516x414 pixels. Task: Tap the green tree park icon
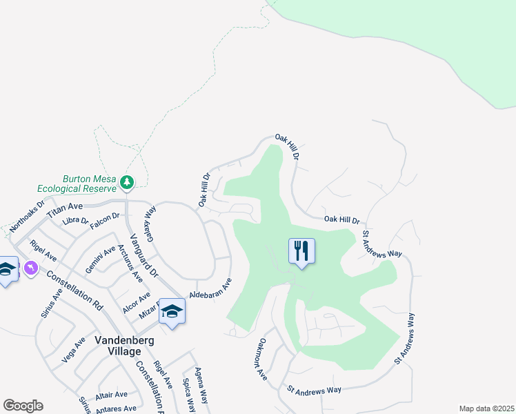tap(127, 181)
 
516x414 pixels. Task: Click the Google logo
tap(23, 406)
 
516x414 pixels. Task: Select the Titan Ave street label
tap(65, 210)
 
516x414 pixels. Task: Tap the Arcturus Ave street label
tap(130, 263)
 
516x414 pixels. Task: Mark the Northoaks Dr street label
tap(27, 216)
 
